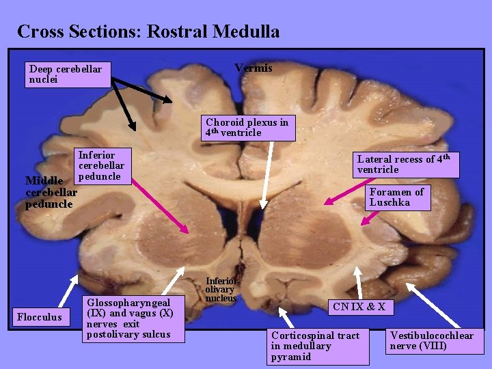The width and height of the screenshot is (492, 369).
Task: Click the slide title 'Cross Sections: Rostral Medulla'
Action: click(x=148, y=31)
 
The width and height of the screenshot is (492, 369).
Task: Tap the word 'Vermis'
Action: click(x=253, y=68)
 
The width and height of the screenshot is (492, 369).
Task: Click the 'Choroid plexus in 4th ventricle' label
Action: click(x=247, y=128)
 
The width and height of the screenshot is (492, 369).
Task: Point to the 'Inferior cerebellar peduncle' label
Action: click(x=101, y=166)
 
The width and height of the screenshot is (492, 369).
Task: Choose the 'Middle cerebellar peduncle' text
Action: click(x=51, y=192)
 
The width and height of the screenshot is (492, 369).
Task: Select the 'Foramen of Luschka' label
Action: click(x=397, y=197)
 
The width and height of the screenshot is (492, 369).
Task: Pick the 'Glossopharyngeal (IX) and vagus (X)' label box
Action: click(x=133, y=318)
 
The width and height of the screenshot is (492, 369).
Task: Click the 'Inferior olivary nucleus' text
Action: click(x=221, y=289)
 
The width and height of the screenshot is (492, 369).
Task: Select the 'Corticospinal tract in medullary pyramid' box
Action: click(x=318, y=346)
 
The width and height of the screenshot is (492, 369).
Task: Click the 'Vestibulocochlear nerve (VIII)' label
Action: click(x=431, y=340)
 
